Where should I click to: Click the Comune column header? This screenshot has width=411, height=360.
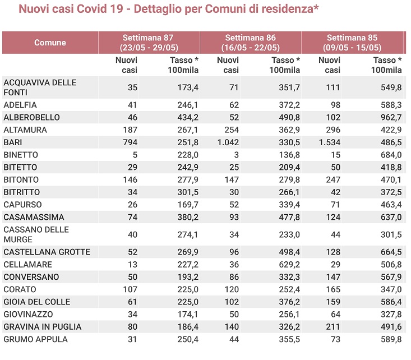pyautogui.click(x=50, y=43)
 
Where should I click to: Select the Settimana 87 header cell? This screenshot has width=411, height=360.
pyautogui.click(x=149, y=43)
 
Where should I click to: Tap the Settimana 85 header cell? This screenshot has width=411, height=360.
pyautogui.click(x=352, y=43)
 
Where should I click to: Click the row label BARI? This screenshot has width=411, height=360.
pyautogui.click(x=13, y=142)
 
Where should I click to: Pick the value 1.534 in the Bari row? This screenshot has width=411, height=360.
pyautogui.click(x=330, y=142)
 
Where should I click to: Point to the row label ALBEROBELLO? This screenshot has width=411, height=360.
pyautogui.click(x=31, y=117)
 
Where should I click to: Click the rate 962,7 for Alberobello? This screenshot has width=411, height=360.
pyautogui.click(x=391, y=117)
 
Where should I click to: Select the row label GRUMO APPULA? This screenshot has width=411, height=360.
pyautogui.click(x=35, y=339)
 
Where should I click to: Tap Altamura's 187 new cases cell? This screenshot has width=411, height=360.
pyautogui.click(x=130, y=130)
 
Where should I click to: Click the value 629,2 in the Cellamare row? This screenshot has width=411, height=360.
pyautogui.click(x=289, y=264)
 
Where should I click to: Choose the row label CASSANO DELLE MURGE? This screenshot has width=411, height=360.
pyautogui.click(x=36, y=234)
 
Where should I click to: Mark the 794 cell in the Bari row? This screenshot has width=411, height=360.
pyautogui.click(x=130, y=142)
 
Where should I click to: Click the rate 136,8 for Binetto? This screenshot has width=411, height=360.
pyautogui.click(x=289, y=155)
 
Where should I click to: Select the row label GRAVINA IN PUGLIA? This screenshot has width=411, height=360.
pyautogui.click(x=43, y=327)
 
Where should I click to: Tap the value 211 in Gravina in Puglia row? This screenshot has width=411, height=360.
pyautogui.click(x=333, y=327)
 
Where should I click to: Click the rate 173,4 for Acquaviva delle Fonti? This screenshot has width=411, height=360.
pyautogui.click(x=188, y=87)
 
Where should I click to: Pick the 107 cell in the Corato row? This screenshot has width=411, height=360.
pyautogui.click(x=130, y=289)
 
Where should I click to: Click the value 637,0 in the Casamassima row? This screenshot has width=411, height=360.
pyautogui.click(x=391, y=217)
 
